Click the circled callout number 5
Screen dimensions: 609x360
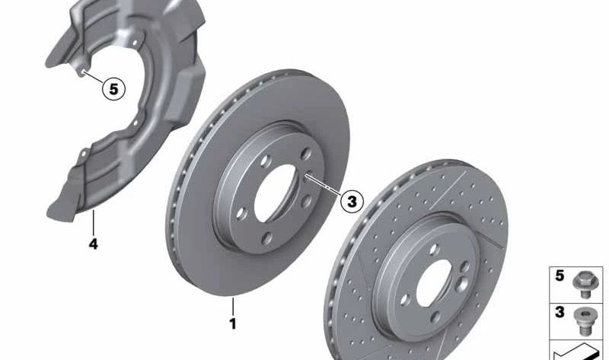(x=113, y=89)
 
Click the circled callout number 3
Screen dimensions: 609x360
(x=352, y=201)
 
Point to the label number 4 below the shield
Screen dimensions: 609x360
(x=93, y=244)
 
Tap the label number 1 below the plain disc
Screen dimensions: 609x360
(x=233, y=323)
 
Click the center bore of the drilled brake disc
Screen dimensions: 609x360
(x=434, y=282)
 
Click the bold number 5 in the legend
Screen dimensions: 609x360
(x=560, y=276)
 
